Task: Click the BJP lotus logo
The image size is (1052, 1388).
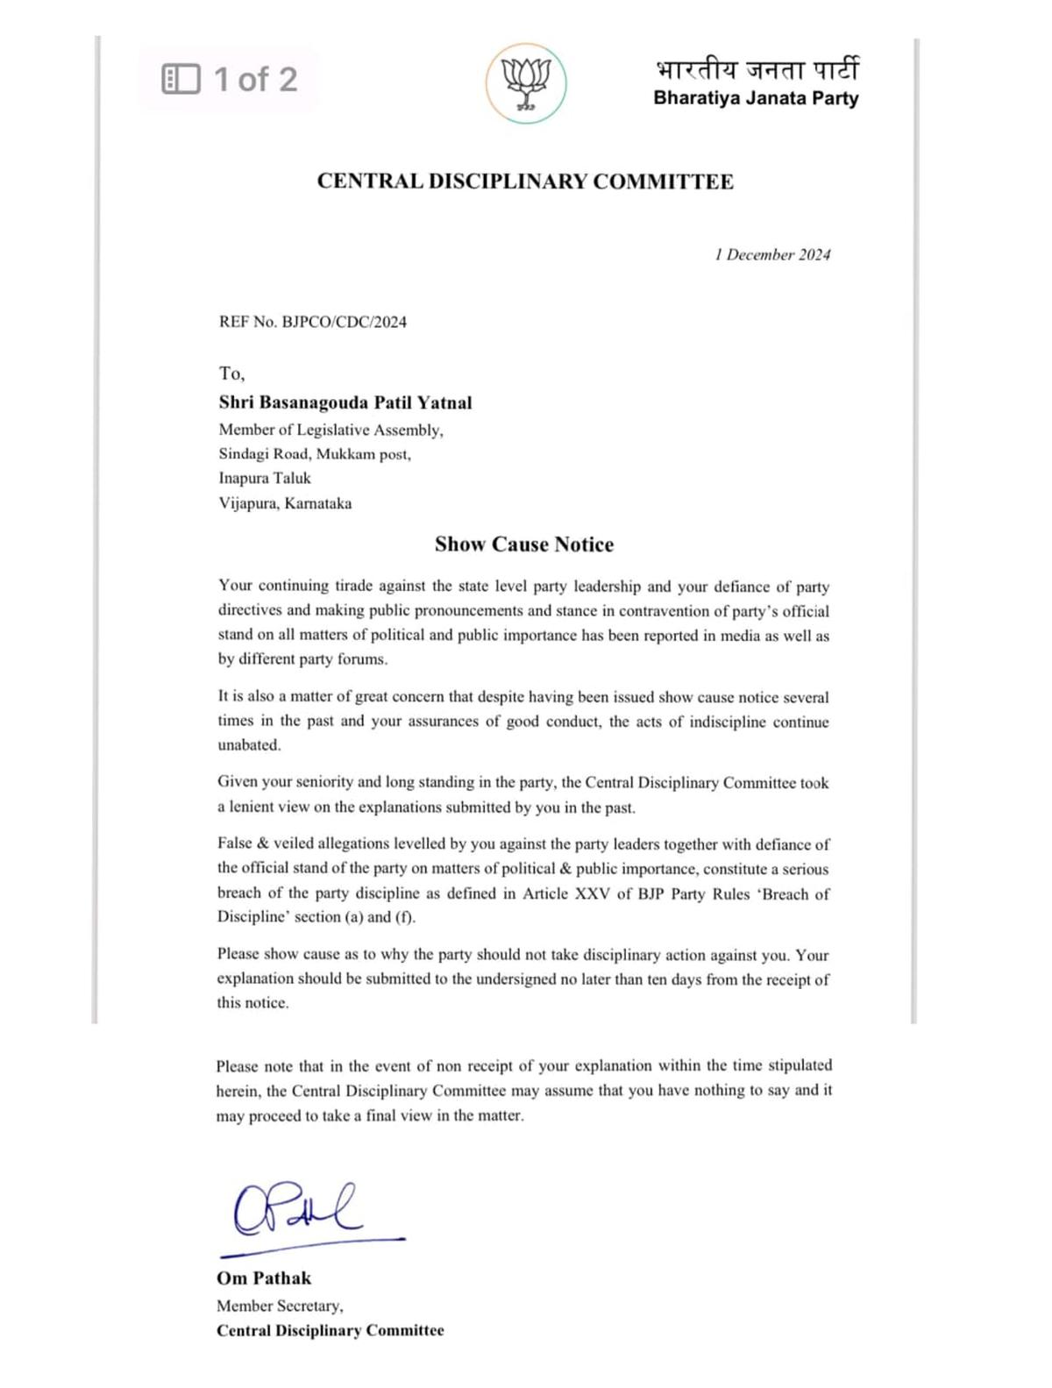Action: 526,83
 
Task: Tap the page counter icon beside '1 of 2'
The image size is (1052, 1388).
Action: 181,80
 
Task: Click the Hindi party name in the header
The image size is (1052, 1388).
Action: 757,69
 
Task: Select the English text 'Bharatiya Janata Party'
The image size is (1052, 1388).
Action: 756,98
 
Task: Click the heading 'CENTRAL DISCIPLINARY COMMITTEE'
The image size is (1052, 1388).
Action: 525,182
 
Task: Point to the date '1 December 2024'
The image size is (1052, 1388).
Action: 772,255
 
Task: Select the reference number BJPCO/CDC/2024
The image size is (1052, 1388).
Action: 344,322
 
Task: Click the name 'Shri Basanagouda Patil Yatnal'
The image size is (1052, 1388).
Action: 345,402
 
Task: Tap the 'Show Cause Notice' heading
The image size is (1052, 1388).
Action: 524,545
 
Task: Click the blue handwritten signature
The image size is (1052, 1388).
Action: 298,1210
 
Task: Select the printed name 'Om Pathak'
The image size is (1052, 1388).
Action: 264,1278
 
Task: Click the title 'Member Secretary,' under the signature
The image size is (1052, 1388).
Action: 280,1306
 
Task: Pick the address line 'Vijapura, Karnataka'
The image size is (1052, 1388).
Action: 285,503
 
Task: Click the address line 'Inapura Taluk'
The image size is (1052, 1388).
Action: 265,479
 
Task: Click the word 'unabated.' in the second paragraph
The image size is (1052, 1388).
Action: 250,745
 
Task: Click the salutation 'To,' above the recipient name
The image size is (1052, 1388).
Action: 231,374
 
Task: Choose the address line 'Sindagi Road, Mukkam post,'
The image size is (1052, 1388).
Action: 315,454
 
